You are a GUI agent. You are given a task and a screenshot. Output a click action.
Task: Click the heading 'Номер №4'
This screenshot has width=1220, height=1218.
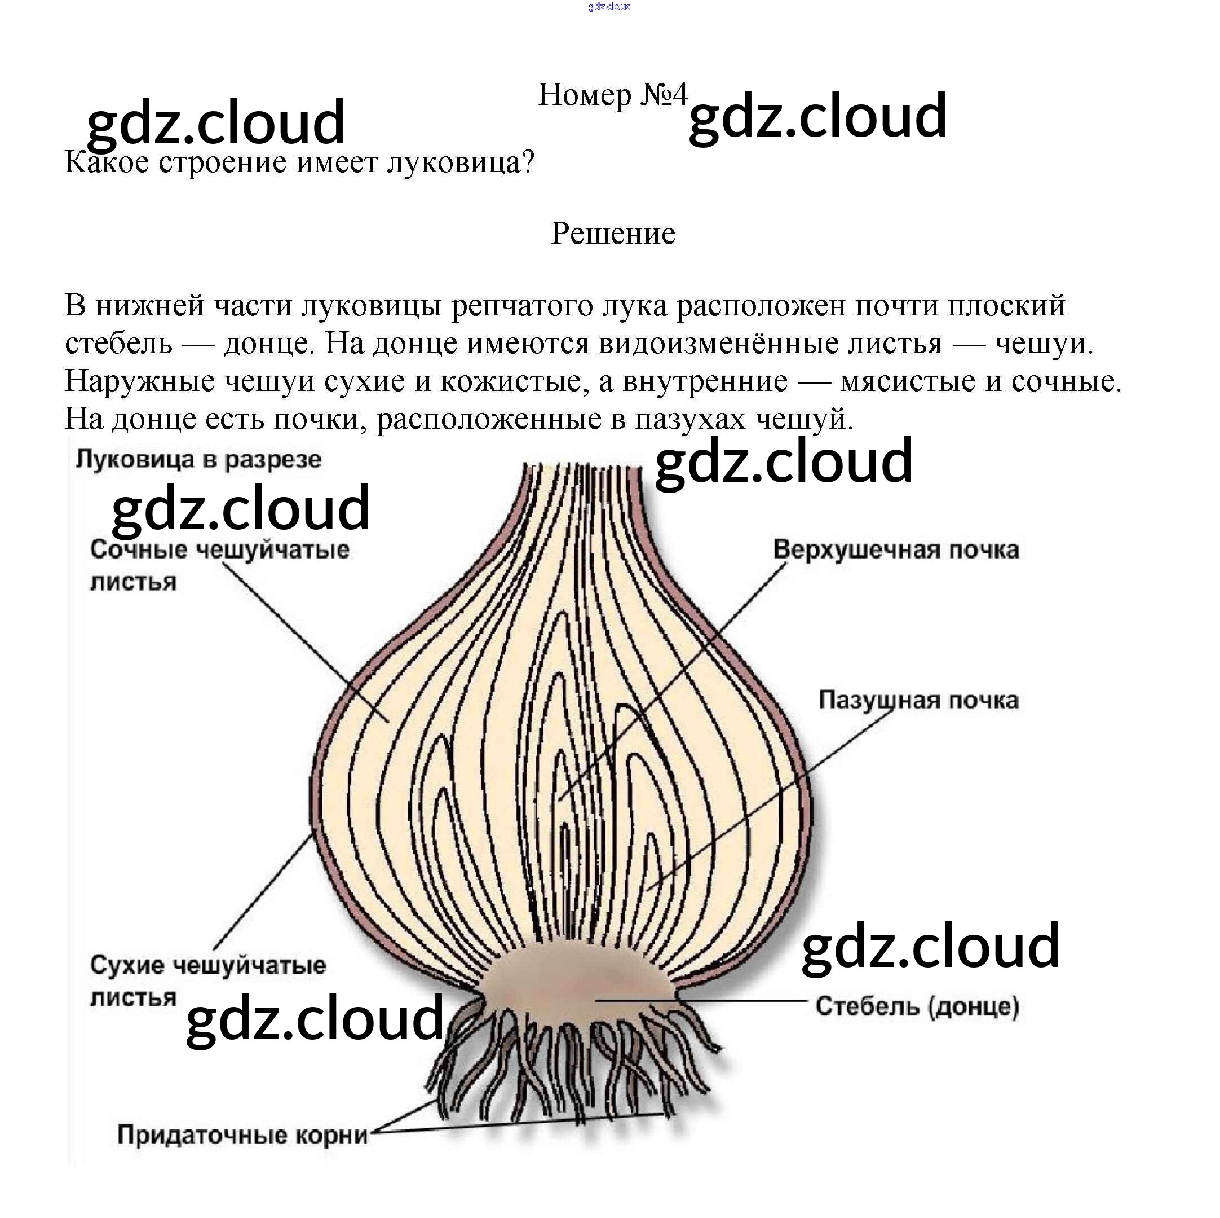tap(611, 95)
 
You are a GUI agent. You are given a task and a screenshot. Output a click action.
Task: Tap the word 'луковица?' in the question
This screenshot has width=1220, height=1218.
tap(461, 163)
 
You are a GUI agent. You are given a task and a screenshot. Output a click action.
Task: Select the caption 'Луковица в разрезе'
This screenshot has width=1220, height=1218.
tap(198, 459)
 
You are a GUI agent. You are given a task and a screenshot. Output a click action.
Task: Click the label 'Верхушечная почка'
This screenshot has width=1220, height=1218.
tap(895, 549)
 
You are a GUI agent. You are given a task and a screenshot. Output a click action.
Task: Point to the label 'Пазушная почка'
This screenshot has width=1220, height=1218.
tap(918, 700)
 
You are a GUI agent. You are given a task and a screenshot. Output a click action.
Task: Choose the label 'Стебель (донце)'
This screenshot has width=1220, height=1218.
tap(917, 1006)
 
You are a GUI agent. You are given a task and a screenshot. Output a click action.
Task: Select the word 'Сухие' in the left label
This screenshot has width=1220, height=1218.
tap(127, 965)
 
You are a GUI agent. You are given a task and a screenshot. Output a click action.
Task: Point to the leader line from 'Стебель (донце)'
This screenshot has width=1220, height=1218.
tap(701, 1001)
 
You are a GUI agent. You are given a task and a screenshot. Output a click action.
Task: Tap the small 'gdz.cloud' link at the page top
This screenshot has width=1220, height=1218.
tap(609, 6)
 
